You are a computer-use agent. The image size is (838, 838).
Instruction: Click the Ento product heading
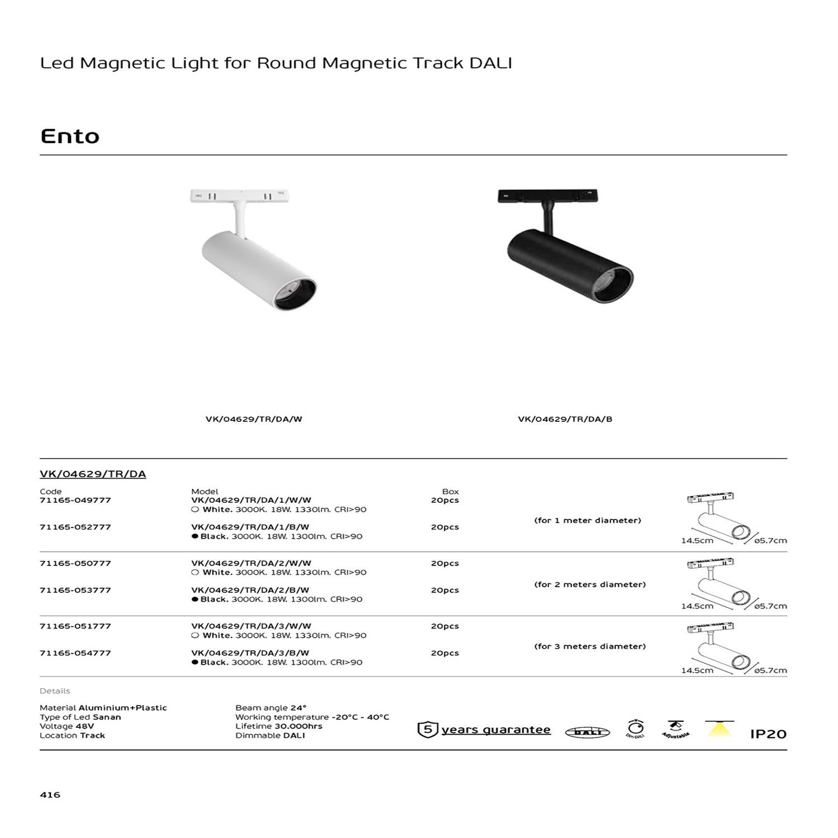tap(70, 136)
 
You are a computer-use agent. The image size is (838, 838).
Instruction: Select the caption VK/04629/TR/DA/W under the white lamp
tap(254, 419)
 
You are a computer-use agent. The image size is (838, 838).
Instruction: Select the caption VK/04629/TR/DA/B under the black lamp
tap(565, 419)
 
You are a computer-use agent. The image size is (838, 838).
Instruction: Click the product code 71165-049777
tap(75, 500)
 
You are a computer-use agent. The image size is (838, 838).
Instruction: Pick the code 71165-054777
tap(75, 653)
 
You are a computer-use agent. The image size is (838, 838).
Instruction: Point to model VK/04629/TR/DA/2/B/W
tap(250, 590)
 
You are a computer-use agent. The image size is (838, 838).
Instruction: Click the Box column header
tap(450, 492)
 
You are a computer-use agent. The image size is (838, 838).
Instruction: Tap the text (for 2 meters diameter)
tap(589, 584)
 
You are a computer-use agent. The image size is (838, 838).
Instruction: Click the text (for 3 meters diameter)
tap(589, 646)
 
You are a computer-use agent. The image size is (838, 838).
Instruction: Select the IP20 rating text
tap(768, 734)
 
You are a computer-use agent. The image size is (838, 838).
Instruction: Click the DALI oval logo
tap(587, 732)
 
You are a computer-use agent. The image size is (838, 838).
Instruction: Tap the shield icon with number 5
tap(427, 730)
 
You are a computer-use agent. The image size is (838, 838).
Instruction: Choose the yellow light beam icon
tap(719, 729)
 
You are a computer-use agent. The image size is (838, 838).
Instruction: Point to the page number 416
tap(50, 794)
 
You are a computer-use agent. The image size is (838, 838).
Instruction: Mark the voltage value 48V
tap(84, 726)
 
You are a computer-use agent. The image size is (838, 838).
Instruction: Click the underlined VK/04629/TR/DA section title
tap(93, 474)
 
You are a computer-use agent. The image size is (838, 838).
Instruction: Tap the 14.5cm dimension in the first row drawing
tap(697, 541)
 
